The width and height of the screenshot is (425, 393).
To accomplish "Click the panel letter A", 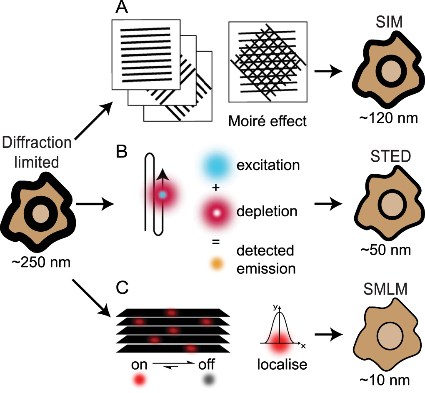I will tap(121, 10).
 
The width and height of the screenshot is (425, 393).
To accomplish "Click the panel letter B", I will tap(122, 152).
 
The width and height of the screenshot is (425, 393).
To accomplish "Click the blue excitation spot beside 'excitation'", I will tap(216, 166).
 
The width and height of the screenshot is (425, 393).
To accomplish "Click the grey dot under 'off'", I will tap(207, 380).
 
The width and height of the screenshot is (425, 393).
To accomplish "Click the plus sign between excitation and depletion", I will tap(215, 188).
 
